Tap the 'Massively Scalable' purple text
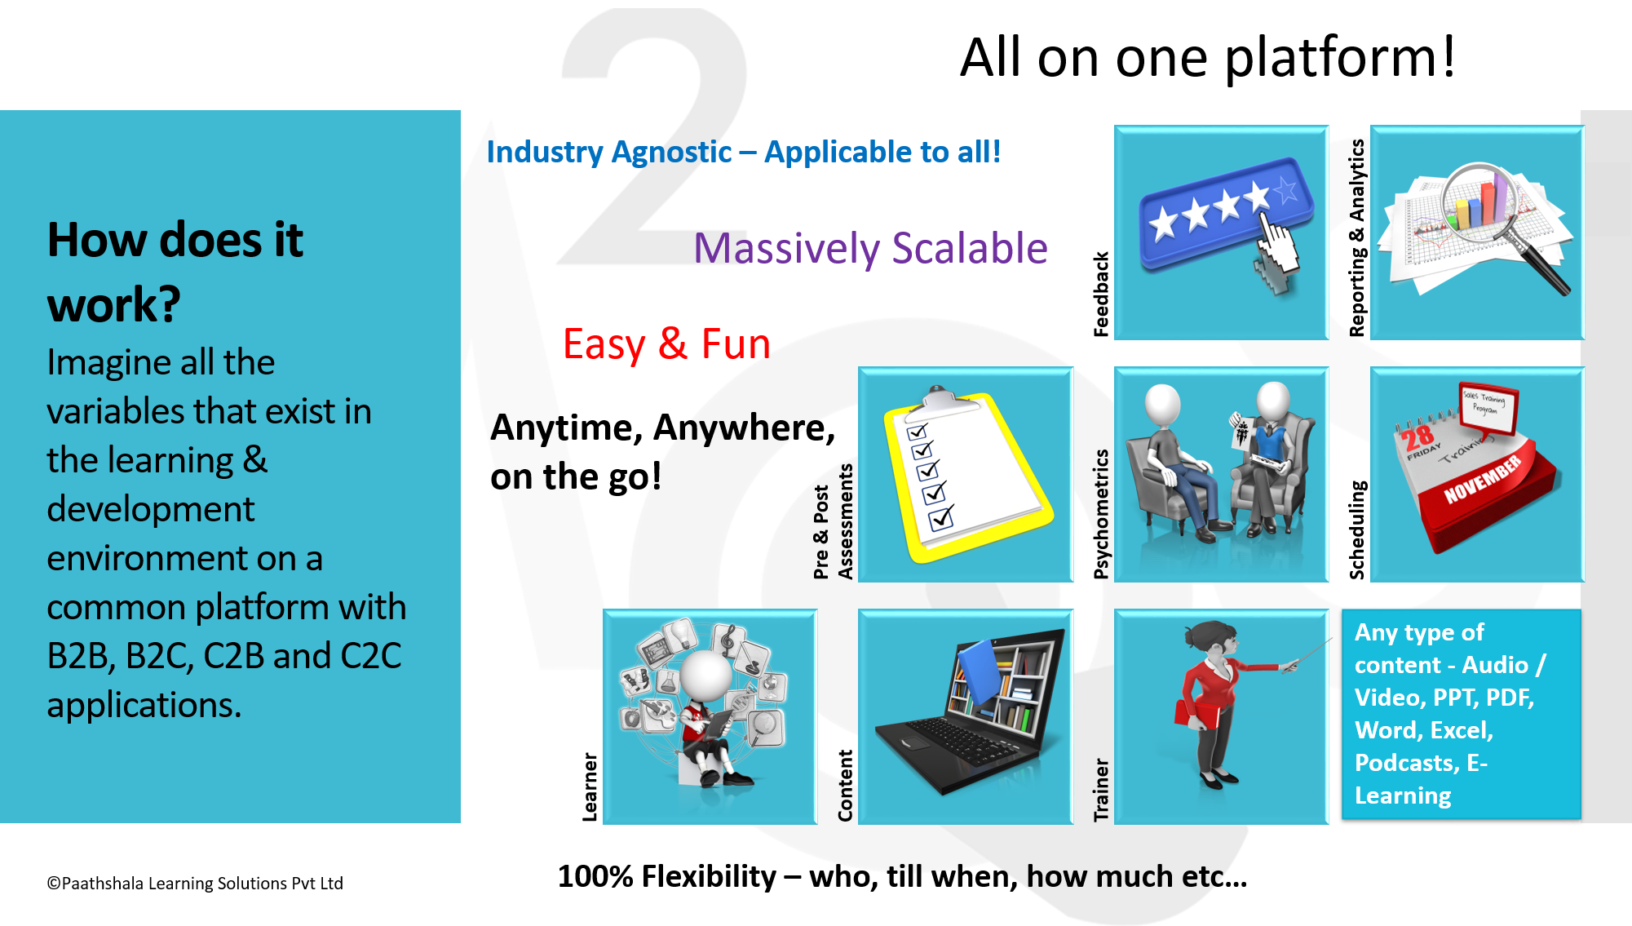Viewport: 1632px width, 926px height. (870, 248)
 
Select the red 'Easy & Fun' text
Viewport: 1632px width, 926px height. (666, 343)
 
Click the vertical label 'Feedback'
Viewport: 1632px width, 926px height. (1101, 294)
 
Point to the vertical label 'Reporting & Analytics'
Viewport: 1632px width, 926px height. (1357, 237)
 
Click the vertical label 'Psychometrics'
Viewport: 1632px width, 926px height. (1101, 514)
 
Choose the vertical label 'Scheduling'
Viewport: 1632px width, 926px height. (1357, 530)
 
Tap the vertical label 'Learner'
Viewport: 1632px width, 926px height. (590, 786)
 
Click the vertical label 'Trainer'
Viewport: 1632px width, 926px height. (1101, 790)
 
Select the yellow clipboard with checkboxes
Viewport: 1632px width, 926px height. (966, 477)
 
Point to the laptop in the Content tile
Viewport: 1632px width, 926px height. (971, 710)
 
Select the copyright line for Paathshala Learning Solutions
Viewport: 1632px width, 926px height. (195, 883)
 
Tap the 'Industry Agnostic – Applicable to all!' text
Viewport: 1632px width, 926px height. (744, 153)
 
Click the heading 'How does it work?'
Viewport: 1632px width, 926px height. (175, 272)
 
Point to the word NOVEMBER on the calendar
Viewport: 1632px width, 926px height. (1482, 480)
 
